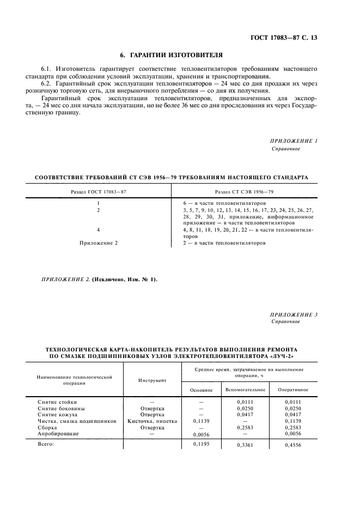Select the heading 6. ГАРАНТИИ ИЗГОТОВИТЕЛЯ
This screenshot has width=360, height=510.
coord(171,55)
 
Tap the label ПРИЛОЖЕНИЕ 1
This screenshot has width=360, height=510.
coord(294,141)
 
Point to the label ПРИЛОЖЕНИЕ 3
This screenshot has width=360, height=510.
coord(294,314)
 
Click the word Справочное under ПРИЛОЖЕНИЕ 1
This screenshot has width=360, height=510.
coord(285,149)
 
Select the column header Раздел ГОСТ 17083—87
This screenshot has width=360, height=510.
coord(99,191)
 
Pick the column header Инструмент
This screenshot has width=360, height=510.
coord(152,380)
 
